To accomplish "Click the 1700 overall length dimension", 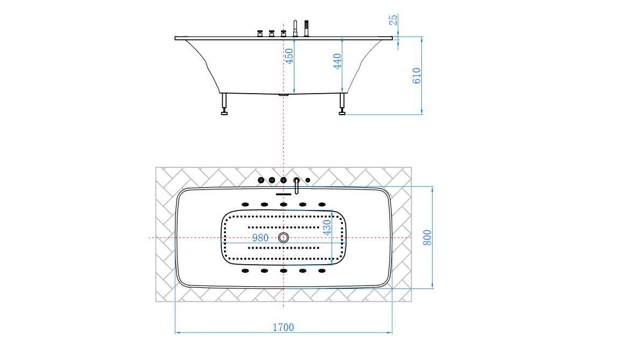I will tap(284, 327).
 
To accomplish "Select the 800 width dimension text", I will tap(427, 237).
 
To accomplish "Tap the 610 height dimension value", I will tap(416, 76).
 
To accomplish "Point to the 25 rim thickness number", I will tap(393, 19).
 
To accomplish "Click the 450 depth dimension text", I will tap(289, 56).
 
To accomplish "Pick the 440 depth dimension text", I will tap(337, 61).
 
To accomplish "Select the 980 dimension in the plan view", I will tap(261, 238).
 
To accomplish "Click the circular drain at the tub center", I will tap(284, 238).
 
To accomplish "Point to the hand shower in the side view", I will tap(307, 27).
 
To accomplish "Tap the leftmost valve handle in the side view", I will tap(259, 33).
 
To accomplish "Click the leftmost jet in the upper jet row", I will tap(245, 204).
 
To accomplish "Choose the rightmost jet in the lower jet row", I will tap(322, 271).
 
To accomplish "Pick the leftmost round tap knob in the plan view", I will tap(261, 180).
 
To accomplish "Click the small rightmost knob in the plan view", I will tap(308, 180).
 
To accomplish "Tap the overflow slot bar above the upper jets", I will tap(283, 194).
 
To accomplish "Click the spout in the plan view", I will tap(296, 185).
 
